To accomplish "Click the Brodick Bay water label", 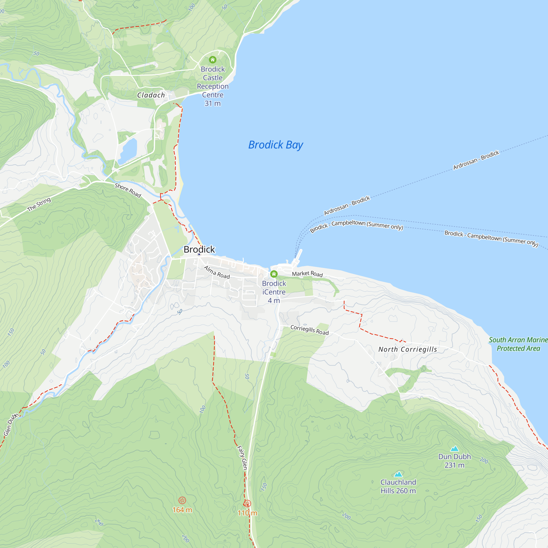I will pos(275,145).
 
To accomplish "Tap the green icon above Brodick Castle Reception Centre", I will pos(213,59).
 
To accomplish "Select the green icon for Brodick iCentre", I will pos(274,274).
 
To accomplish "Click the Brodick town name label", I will pos(199,249).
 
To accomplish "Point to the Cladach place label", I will pos(151,95).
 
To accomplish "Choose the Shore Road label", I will pos(128,190).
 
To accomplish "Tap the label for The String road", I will pos(39,204).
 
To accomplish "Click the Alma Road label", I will pos(217,272).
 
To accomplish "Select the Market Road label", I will pos(307,274).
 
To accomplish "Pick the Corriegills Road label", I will pos(309,330).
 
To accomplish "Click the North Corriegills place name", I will pos(408,349).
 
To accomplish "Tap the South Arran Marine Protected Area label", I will pos(518,344).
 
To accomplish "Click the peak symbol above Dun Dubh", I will pos(454,449).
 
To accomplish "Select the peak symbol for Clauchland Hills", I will pos(398,474).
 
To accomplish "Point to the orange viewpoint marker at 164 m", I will pos(182,500).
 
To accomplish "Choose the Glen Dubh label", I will pos(11,424).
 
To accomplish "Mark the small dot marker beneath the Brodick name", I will pos(199,255).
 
